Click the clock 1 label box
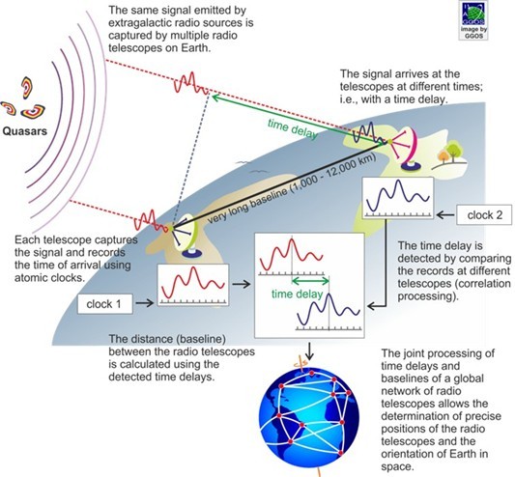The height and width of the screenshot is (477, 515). (x=105, y=304)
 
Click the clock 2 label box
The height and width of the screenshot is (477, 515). (x=484, y=215)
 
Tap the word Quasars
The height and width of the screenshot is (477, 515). (x=24, y=131)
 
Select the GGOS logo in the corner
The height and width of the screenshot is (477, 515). (x=472, y=20)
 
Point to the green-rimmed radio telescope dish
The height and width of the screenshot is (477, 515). (x=186, y=236)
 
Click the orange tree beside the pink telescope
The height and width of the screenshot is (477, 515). (x=443, y=155)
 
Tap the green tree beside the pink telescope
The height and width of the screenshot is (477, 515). (x=455, y=151)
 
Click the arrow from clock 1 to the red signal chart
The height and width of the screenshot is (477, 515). (x=145, y=302)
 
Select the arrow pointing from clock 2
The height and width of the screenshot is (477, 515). (x=445, y=215)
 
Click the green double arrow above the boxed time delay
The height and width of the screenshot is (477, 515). (x=310, y=281)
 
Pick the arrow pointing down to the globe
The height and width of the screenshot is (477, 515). (x=309, y=351)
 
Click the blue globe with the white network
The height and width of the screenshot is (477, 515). (x=309, y=417)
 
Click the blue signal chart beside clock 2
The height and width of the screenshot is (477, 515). (x=398, y=198)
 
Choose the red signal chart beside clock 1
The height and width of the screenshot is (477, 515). (x=193, y=285)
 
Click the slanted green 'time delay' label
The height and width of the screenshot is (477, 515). (x=293, y=129)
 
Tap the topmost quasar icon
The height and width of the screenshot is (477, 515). (x=27, y=87)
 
